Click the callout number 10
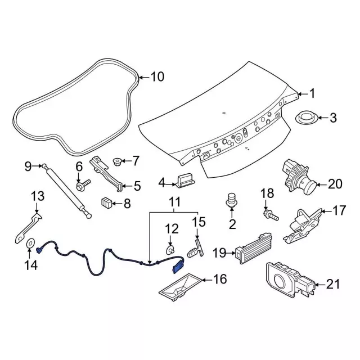click(x=157, y=76)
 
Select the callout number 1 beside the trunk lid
click(x=313, y=94)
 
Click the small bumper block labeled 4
click(x=185, y=182)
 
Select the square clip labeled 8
click(x=107, y=202)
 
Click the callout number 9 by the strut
click(x=28, y=165)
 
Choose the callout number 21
click(x=334, y=285)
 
